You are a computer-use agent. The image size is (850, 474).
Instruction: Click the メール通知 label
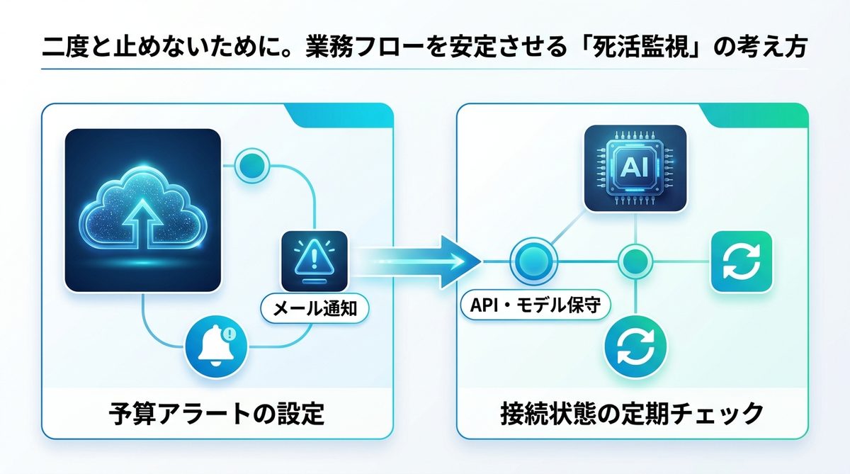tap(314, 307)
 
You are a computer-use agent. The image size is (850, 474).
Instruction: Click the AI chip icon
tap(635, 167)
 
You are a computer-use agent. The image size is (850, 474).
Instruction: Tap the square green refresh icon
tap(739, 261)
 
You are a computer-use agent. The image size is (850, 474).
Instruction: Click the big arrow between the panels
tap(425, 261)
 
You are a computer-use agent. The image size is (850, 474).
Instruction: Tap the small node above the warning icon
tap(254, 166)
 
